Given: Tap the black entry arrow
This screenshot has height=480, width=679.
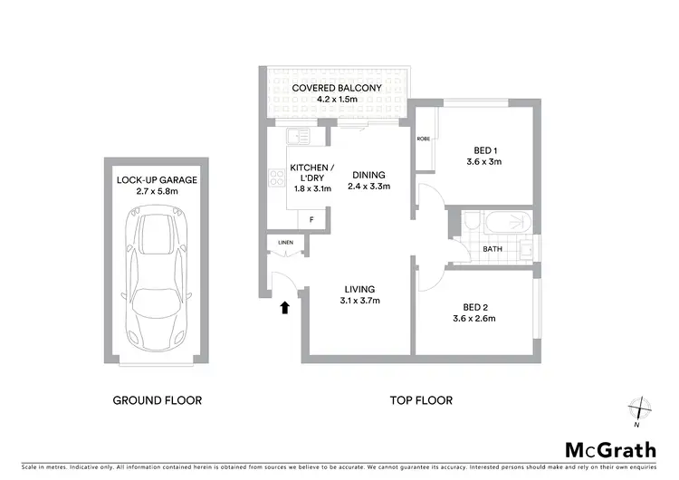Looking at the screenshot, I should pyautogui.click(x=285, y=308).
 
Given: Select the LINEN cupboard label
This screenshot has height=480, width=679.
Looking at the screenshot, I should pyautogui.click(x=285, y=243).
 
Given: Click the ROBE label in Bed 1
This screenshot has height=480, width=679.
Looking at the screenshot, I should pyautogui.click(x=423, y=139).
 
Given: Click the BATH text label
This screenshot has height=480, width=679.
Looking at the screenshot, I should pyautogui.click(x=493, y=248).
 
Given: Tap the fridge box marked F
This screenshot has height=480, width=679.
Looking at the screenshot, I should pyautogui.click(x=312, y=220).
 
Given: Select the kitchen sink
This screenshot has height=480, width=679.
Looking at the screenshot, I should pyautogui.click(x=294, y=138).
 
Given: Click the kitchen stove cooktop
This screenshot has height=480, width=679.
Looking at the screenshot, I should pyautogui.click(x=275, y=177).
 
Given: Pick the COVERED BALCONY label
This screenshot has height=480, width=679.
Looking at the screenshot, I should pyautogui.click(x=330, y=88).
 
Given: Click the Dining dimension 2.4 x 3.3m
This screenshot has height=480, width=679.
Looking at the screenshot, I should pyautogui.click(x=368, y=187).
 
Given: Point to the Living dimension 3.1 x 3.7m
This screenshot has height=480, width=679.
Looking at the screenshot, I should pyautogui.click(x=359, y=301).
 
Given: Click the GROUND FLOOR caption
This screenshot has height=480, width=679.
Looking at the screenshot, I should pyautogui.click(x=157, y=399).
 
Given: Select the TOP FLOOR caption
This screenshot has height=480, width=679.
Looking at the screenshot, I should pyautogui.click(x=420, y=399).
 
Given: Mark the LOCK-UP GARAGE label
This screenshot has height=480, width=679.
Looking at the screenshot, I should pyautogui.click(x=157, y=180).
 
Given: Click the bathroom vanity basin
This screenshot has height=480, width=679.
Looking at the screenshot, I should pyautogui.click(x=527, y=246).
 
